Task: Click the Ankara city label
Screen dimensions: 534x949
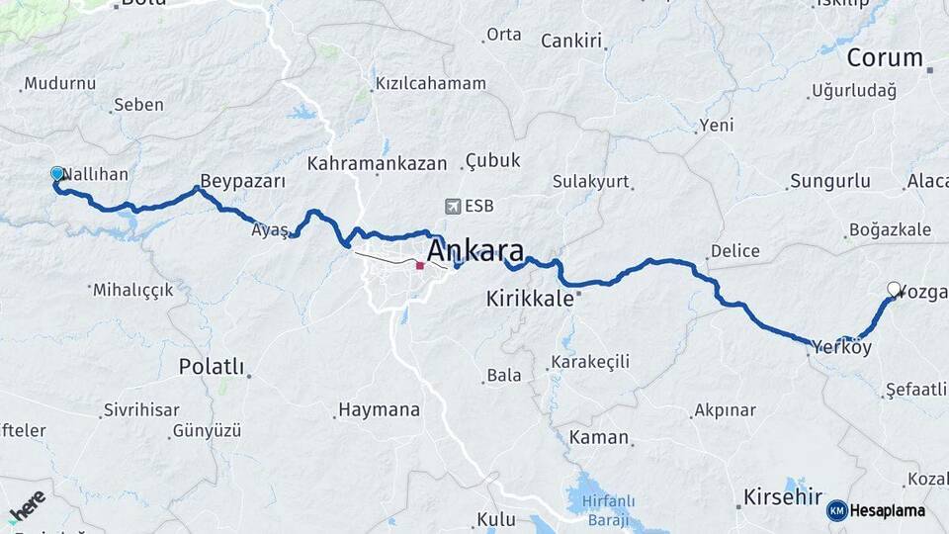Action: (x=474, y=248)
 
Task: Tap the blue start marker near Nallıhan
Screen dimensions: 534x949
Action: (x=57, y=174)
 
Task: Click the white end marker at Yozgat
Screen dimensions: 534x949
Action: (x=894, y=289)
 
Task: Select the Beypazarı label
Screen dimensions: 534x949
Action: (x=242, y=182)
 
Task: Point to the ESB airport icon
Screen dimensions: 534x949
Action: (x=453, y=207)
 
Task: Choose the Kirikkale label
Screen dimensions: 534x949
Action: (x=530, y=299)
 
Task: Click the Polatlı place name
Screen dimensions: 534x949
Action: (x=211, y=367)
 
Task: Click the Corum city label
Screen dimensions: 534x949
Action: (x=884, y=57)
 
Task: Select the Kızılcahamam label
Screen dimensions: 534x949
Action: (x=431, y=84)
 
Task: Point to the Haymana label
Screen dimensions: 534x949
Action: (x=379, y=408)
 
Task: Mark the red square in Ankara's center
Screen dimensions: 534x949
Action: (x=420, y=265)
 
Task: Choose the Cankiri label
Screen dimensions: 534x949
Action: (x=571, y=41)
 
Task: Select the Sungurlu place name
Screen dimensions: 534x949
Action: (x=829, y=182)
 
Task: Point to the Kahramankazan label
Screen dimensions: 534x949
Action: (x=377, y=163)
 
